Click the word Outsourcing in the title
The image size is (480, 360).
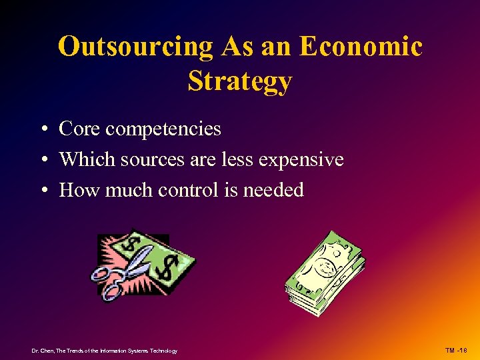coord(135,47)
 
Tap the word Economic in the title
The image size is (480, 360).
coord(361,47)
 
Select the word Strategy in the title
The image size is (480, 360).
coord(240,81)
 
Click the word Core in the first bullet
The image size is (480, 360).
coord(79,129)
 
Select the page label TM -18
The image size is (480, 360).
coord(456,351)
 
